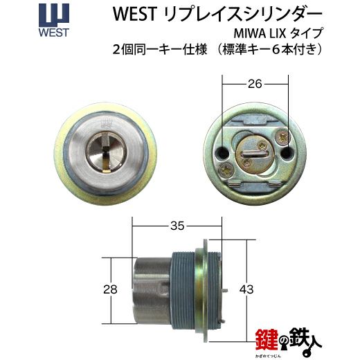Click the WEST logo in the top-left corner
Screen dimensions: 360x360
coord(54,20)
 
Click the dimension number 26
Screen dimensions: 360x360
coord(255,84)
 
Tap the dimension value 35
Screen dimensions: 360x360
coord(177,226)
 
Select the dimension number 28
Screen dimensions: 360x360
coord(110,289)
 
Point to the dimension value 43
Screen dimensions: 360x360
coord(246,289)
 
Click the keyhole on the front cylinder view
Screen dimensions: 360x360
coord(106,152)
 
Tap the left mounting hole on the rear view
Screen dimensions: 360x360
coord(222,152)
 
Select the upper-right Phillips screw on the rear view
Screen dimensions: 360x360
coord(283,138)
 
